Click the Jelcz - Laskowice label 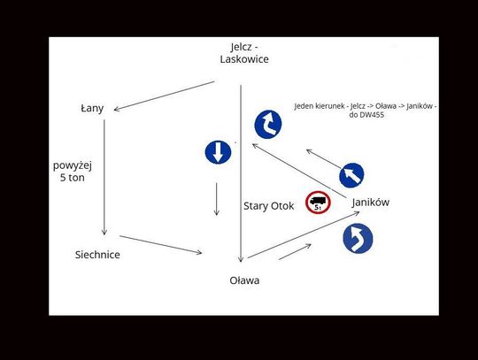click(244, 53)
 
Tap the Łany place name click(92, 109)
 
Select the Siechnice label click(97, 255)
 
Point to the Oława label click(244, 280)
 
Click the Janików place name click(370, 203)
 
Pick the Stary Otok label click(268, 206)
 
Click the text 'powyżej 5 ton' click(73, 172)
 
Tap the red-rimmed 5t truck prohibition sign click(318, 203)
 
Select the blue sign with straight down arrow click(218, 152)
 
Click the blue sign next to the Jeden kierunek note click(268, 125)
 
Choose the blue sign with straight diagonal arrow click(351, 175)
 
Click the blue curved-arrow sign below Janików click(358, 239)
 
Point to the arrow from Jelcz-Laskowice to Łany click(165, 96)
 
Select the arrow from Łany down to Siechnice click(104, 177)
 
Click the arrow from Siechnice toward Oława click(160, 244)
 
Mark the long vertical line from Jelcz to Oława click(241, 173)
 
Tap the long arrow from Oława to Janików click(304, 235)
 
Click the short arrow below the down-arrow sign click(217, 199)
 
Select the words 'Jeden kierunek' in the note click(320, 106)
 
